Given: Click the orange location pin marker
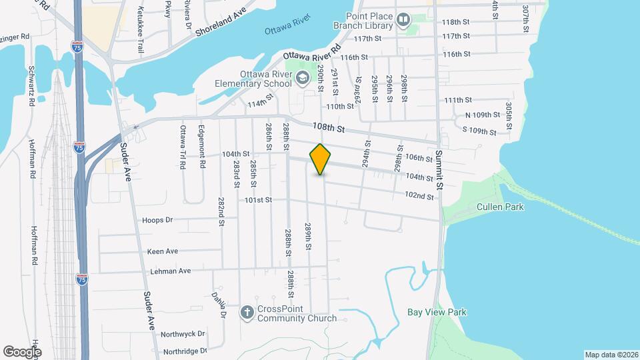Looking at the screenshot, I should (x=320, y=159).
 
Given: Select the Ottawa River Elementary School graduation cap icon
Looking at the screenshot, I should (x=302, y=78).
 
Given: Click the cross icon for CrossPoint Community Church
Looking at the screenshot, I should (x=247, y=312).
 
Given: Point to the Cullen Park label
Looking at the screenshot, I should (x=500, y=207).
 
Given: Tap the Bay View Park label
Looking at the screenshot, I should (x=437, y=312).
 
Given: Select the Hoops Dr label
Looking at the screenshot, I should (x=157, y=219).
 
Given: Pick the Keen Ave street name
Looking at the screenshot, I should (x=163, y=251).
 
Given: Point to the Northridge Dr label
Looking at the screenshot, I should (x=183, y=351).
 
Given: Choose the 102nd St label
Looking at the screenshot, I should (x=419, y=195).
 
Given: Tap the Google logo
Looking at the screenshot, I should (x=22, y=351).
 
